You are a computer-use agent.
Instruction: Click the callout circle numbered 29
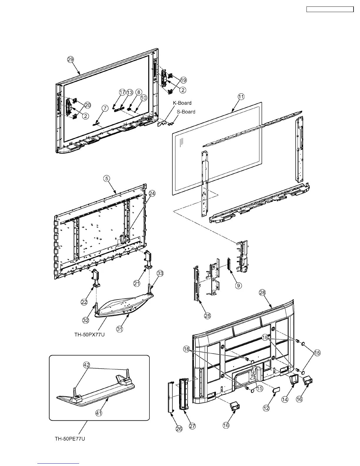pyautogui.click(x=70, y=59)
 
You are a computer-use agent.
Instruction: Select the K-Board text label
pyautogui.click(x=182, y=103)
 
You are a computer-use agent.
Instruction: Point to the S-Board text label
pyautogui.click(x=186, y=112)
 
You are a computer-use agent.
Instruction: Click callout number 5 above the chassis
pyautogui.click(x=106, y=178)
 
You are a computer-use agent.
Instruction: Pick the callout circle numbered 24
pyautogui.click(x=152, y=194)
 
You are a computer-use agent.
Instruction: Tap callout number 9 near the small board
pyautogui.click(x=238, y=285)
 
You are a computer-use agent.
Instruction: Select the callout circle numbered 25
pyautogui.click(x=208, y=316)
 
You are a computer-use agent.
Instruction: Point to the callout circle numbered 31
pyautogui.click(x=119, y=329)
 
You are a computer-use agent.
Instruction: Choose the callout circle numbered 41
pyautogui.click(x=99, y=413)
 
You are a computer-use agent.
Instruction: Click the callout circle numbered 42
pyautogui.click(x=86, y=365)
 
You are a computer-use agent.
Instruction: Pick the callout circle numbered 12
pyautogui.click(x=266, y=408)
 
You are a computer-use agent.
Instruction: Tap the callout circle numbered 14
pyautogui.click(x=285, y=400)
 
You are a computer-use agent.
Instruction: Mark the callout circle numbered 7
pyautogui.click(x=105, y=108)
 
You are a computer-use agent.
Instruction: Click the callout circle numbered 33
pyautogui.click(x=160, y=273)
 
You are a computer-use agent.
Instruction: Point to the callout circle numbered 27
pyautogui.click(x=192, y=426)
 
